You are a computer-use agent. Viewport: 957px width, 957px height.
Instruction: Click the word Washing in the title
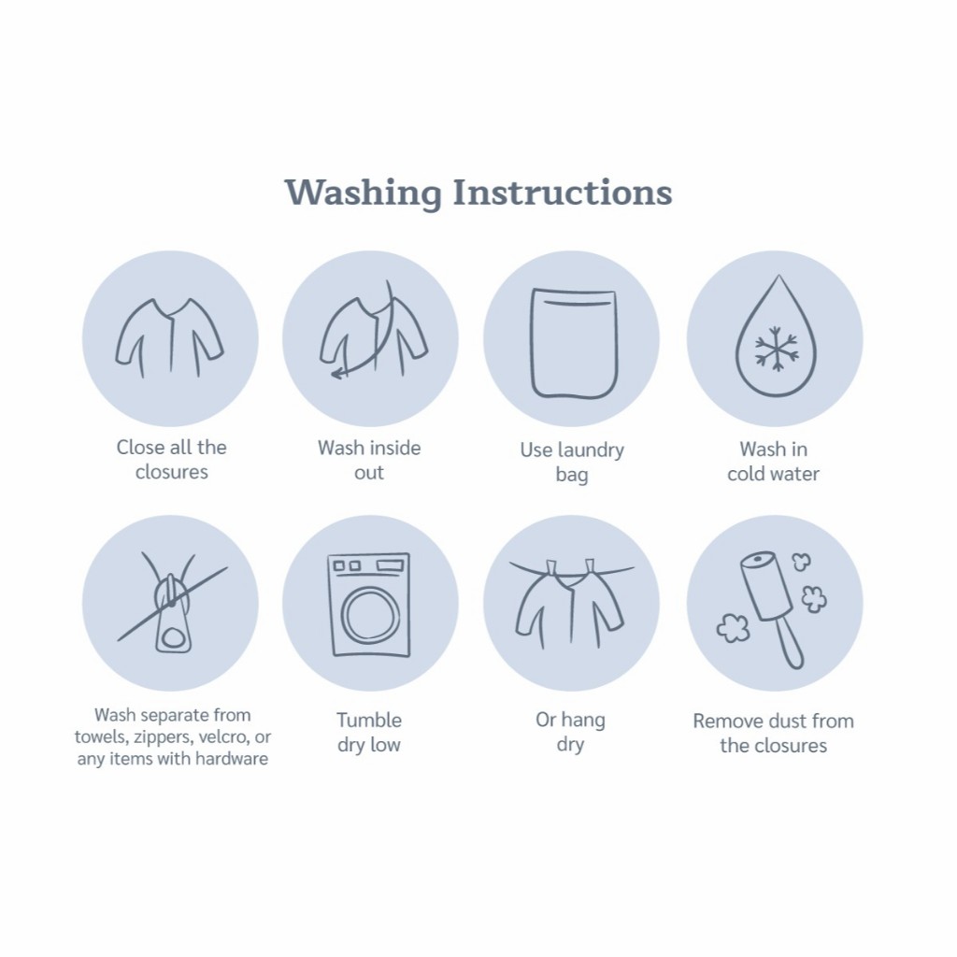click(364, 193)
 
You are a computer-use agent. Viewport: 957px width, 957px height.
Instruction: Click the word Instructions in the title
click(562, 193)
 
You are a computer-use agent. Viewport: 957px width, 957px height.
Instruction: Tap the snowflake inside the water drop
click(776, 349)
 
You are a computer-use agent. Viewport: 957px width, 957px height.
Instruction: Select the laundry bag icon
click(574, 344)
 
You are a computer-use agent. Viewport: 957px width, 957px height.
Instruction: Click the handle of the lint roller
click(791, 643)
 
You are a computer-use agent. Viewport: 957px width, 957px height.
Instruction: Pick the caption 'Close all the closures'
click(172, 460)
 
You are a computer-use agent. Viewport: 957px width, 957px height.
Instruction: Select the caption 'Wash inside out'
click(369, 460)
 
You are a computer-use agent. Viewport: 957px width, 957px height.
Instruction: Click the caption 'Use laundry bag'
click(572, 462)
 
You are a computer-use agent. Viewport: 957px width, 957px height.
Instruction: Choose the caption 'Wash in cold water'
click(773, 462)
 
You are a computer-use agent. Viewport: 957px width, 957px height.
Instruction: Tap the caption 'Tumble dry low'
click(369, 733)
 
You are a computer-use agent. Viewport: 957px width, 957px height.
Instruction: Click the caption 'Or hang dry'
click(571, 732)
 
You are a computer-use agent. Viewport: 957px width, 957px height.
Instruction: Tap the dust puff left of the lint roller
click(733, 629)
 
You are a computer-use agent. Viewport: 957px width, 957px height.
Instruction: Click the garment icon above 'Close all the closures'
click(170, 337)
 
